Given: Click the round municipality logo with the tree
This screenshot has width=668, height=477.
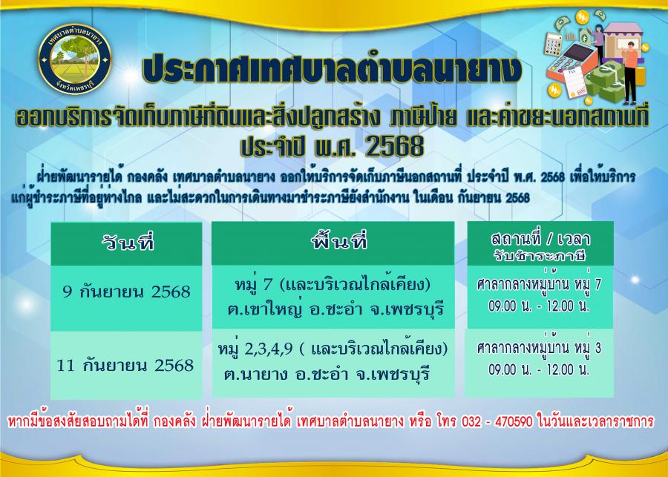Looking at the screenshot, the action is pos(75,59).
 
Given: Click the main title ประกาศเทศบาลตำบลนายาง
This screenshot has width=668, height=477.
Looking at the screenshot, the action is pos(333,69).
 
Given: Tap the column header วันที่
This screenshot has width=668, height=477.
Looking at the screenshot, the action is pos(128,243).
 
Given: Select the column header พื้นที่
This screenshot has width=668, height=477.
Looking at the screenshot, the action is pos(338,242).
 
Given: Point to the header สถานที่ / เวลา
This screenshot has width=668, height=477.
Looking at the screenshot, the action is pos(540,240).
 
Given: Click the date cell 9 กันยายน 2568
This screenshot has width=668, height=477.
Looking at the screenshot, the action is pos(126,292).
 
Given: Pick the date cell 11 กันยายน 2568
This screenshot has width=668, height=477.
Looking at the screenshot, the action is pos(125,366).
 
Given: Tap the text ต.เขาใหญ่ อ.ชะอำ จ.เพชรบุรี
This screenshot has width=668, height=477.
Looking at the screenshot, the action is pos(335,309).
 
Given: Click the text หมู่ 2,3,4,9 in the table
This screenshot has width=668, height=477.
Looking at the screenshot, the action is pos(255,349).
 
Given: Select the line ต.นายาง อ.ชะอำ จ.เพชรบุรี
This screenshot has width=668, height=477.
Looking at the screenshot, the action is pos(327,375).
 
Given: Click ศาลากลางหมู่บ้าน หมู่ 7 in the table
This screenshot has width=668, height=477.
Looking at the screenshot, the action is pos(539,284).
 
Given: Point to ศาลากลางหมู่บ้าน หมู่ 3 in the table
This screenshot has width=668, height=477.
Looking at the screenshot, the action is pos(539,348).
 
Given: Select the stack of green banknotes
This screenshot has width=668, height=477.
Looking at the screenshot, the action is pos(606,82).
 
